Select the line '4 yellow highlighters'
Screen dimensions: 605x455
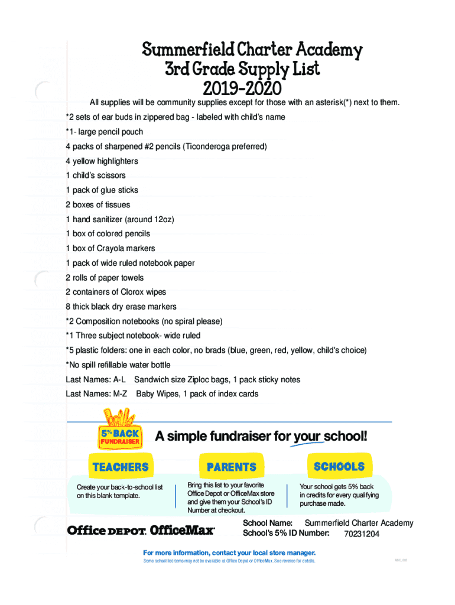[x=102, y=161]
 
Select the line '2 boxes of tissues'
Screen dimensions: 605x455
[x=98, y=205]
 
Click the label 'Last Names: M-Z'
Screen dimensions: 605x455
[x=96, y=394]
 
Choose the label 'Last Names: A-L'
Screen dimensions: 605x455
[x=96, y=380]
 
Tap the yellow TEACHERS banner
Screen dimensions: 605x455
[x=121, y=467]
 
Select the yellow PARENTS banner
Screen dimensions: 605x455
[x=231, y=467]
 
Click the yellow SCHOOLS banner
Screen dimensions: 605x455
[x=339, y=466]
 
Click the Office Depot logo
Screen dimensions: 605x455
[x=106, y=531]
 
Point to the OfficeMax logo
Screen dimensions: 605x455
[x=183, y=530]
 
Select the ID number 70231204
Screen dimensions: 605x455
[x=362, y=534]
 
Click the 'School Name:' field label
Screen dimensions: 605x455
[x=268, y=523]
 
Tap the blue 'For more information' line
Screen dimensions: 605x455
[x=229, y=553]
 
